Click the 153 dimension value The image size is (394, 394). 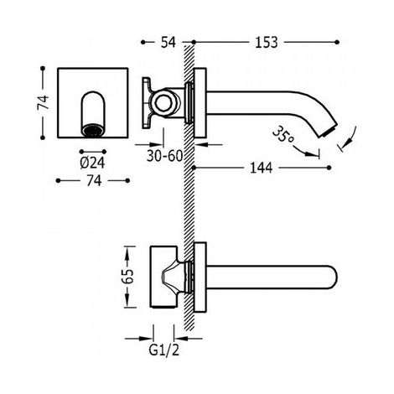(x=267, y=43)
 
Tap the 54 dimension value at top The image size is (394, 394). (x=168, y=43)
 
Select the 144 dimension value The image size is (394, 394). (x=261, y=168)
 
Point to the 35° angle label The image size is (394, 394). (x=283, y=136)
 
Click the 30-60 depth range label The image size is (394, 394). (x=164, y=156)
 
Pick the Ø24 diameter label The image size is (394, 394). (x=92, y=163)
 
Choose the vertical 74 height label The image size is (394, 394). (x=43, y=102)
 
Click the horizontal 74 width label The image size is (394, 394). (x=94, y=181)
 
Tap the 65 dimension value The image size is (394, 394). (x=129, y=277)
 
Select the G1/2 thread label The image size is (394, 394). (x=163, y=350)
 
